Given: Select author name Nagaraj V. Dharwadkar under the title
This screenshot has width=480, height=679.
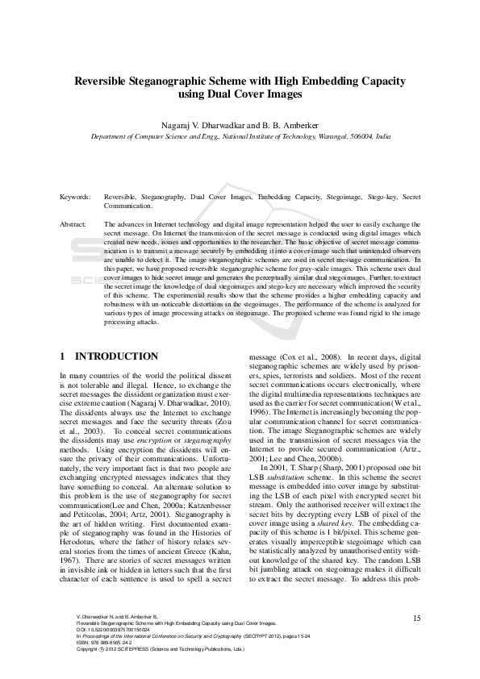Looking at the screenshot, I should point(202,126).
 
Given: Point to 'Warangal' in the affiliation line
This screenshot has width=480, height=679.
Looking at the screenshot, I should point(333,137).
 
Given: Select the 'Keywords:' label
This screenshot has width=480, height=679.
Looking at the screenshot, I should point(76,197).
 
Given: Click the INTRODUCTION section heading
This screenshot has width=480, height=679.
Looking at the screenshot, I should point(116,356).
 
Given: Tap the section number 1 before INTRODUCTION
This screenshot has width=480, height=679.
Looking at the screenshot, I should point(63,356).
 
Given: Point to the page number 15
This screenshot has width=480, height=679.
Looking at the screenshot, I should point(416,618).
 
